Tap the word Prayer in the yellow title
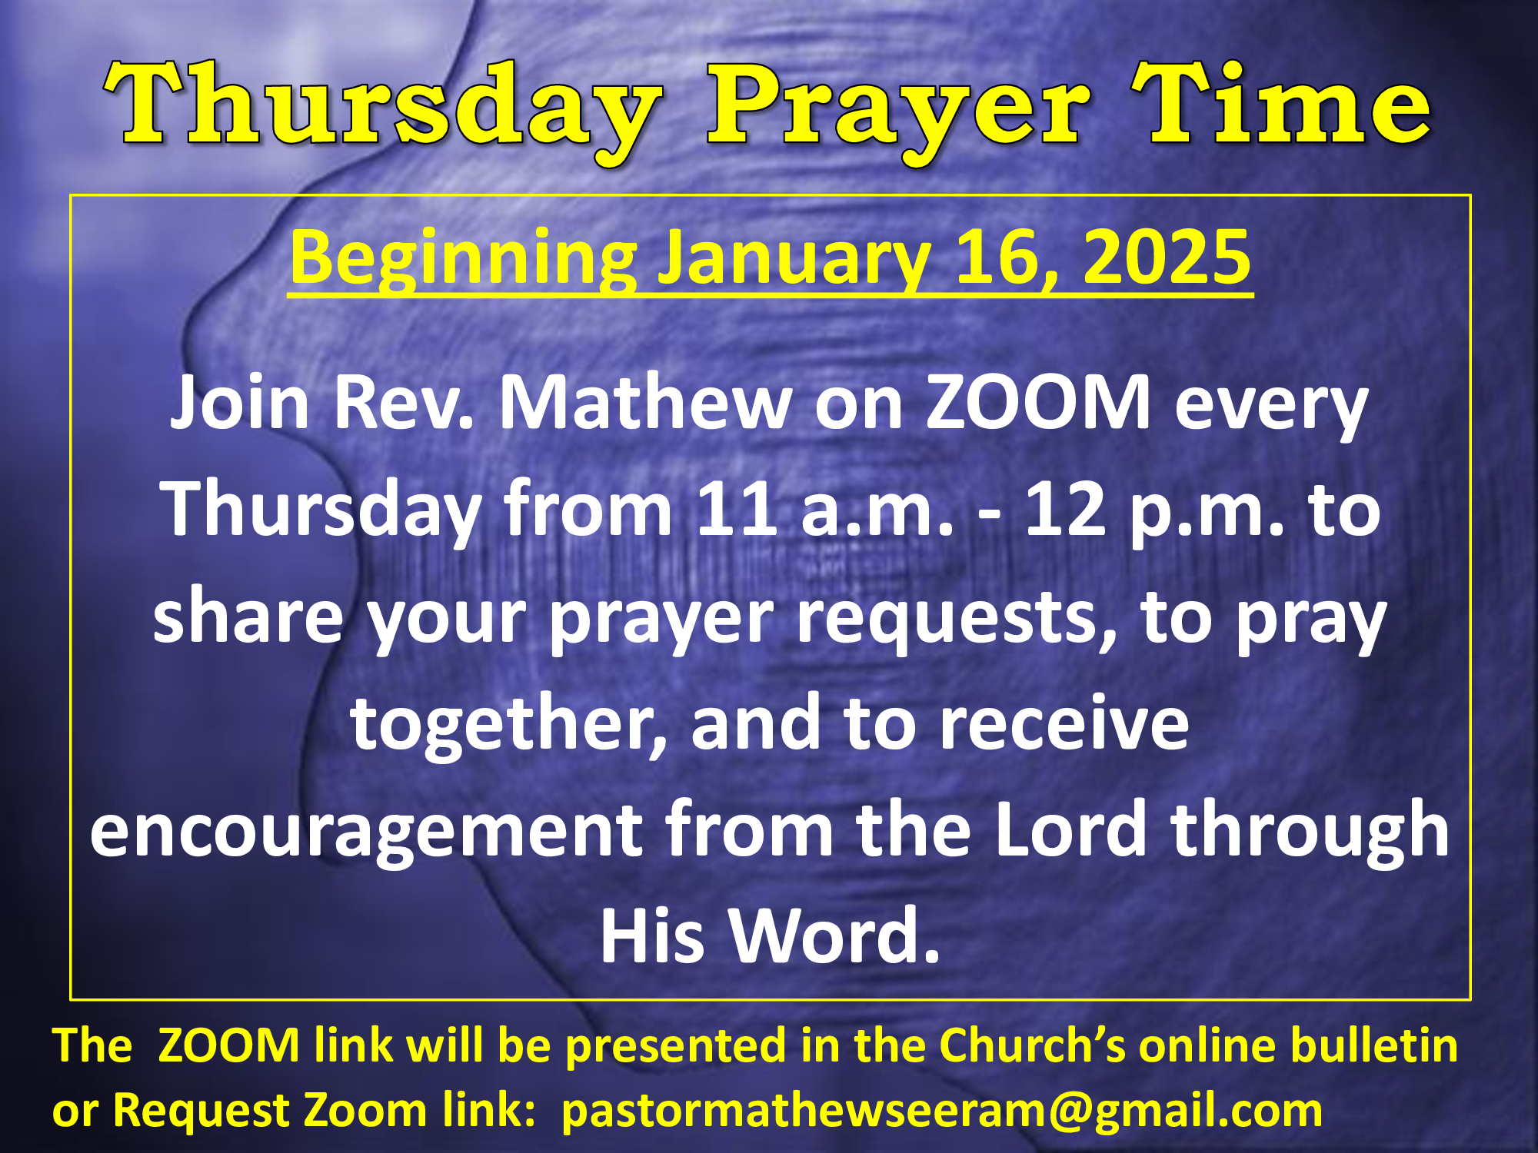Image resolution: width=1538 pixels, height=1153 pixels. [x=899, y=111]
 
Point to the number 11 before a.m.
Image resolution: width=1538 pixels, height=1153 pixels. [x=736, y=508]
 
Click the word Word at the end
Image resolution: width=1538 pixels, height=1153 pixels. [x=835, y=935]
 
